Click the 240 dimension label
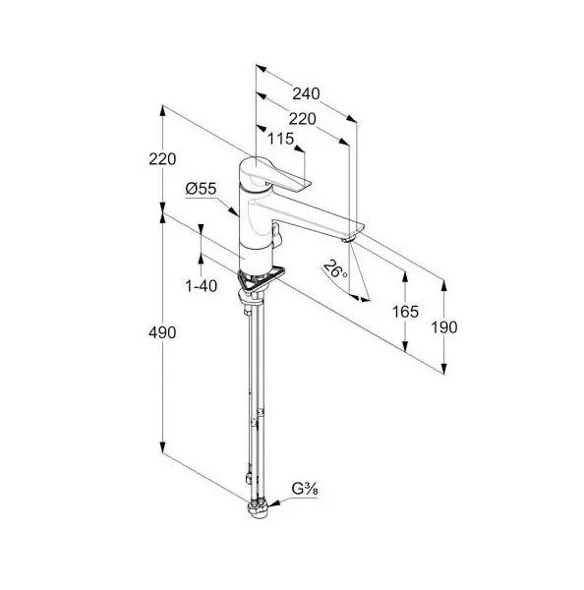tap(306, 93)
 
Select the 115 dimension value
tap(281, 139)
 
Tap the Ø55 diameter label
tap(202, 189)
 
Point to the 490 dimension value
tap(162, 332)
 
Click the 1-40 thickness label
tap(202, 286)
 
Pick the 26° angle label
tap(334, 269)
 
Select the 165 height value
tap(405, 312)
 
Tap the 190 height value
tap(444, 327)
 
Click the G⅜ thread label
tap(305, 489)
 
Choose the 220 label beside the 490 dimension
tap(162, 159)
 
